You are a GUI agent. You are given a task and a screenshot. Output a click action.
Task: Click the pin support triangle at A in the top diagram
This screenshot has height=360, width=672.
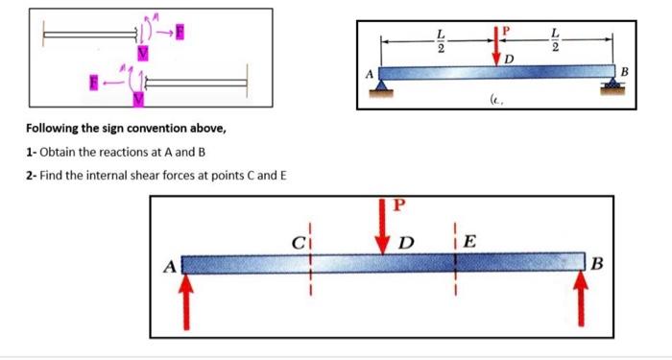coord(381,87)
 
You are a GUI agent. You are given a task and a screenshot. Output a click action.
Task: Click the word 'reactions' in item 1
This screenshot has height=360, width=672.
coord(122,154)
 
